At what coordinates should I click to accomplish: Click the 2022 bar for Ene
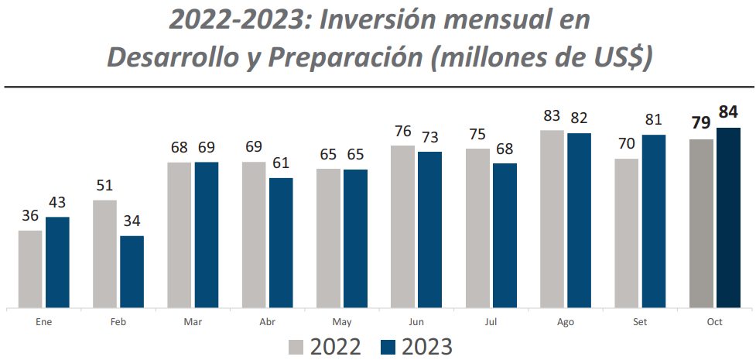pos(30,269)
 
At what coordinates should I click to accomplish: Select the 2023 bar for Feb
pos(132,271)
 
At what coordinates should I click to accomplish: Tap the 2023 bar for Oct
pos(728,218)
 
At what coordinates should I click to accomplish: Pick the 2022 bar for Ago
pos(552,219)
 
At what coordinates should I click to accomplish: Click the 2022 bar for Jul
pos(477,228)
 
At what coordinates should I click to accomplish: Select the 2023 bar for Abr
pos(281,242)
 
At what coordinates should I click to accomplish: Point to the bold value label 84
pos(728,112)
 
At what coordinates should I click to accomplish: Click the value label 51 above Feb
pos(105,185)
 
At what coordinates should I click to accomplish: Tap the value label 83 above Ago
pos(552,116)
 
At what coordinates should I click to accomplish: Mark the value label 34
pos(132,221)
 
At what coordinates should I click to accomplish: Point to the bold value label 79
pos(701,124)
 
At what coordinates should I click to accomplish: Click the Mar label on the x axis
pos(193,321)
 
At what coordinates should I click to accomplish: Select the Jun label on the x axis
pos(416,321)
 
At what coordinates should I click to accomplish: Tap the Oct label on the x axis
pos(714,321)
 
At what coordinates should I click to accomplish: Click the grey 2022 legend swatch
pos(297,347)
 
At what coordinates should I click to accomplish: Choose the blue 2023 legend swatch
pos(389,347)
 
